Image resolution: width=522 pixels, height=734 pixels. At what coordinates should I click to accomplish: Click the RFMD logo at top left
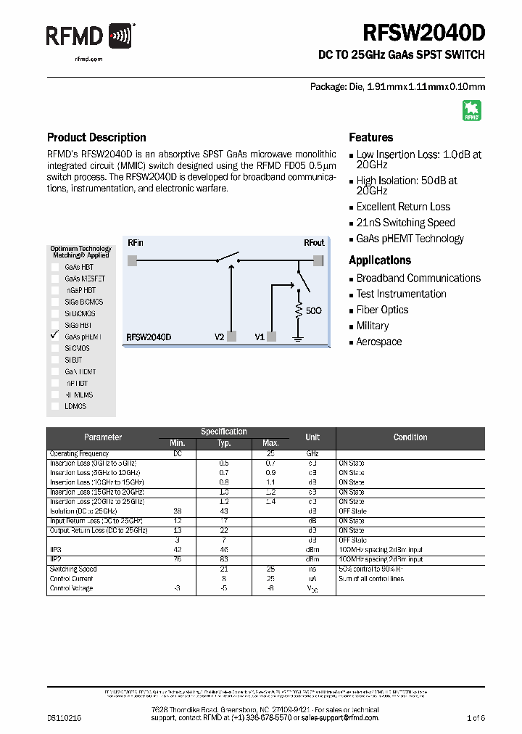pyautogui.click(x=90, y=36)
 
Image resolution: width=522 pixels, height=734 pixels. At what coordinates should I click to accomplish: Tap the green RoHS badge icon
pyautogui.click(x=471, y=110)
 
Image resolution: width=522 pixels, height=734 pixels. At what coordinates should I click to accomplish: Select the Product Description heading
pyautogui.click(x=96, y=137)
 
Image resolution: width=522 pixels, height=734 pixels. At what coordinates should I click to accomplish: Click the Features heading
pyautogui.click(x=370, y=137)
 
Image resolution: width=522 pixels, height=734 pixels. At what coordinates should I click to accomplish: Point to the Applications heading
pyautogui.click(x=380, y=260)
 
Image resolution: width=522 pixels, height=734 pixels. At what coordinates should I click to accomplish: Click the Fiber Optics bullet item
pyautogui.click(x=382, y=310)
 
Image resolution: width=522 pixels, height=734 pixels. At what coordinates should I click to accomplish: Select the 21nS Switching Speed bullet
pyautogui.click(x=405, y=223)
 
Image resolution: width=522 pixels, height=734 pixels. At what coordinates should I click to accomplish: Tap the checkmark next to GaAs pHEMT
pyautogui.click(x=54, y=336)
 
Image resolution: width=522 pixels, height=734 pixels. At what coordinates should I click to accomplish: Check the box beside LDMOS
pyautogui.click(x=55, y=406)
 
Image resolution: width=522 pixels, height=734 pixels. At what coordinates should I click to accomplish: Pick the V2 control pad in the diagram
pyautogui.click(x=232, y=337)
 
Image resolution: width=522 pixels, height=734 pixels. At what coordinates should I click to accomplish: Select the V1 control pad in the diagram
pyautogui.click(x=272, y=337)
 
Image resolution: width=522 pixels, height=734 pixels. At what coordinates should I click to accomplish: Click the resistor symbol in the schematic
pyautogui.click(x=297, y=310)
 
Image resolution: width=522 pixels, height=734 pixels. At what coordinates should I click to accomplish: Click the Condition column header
pyautogui.click(x=410, y=437)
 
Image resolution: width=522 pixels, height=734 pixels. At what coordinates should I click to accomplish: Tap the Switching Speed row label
pyautogui.click(x=73, y=569)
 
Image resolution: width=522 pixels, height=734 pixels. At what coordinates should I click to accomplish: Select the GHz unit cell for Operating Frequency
pyautogui.click(x=312, y=453)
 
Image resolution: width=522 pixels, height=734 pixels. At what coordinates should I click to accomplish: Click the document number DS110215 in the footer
pyautogui.click(x=65, y=717)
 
